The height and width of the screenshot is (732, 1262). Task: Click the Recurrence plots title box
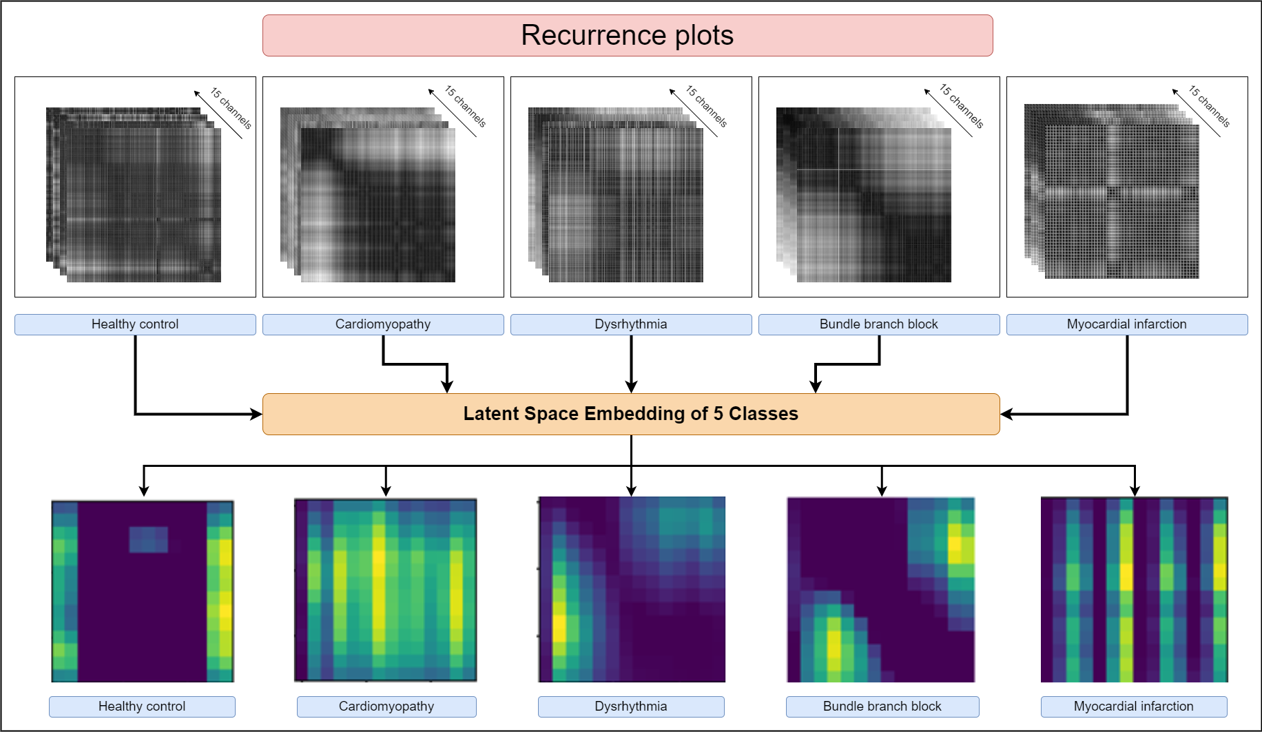pos(627,35)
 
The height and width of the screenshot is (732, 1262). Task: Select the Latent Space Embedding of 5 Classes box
pos(630,414)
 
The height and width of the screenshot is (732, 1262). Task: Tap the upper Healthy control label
pos(135,324)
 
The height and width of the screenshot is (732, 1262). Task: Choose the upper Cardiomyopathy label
pos(383,324)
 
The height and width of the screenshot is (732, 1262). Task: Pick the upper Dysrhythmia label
pos(631,324)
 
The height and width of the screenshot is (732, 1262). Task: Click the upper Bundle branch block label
pos(879,324)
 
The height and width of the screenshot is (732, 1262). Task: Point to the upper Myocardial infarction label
pos(1127,324)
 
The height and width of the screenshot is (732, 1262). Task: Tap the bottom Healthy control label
pos(142,707)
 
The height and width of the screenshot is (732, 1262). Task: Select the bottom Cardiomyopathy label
pos(386,707)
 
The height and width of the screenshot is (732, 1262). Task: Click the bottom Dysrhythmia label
pos(631,707)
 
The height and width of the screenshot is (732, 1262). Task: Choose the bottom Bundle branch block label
pos(882,707)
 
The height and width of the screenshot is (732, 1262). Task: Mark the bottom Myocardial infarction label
pos(1134,707)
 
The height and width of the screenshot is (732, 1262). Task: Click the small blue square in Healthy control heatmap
pos(149,540)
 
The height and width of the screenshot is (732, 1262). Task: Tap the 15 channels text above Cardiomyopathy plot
pos(465,107)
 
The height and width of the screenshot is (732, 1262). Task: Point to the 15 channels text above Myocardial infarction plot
pos(1209,107)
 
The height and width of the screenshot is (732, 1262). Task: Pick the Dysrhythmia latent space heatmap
pos(632,589)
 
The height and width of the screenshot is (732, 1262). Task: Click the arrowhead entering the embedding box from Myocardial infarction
pos(1005,414)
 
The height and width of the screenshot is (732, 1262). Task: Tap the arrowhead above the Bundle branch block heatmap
pos(882,490)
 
